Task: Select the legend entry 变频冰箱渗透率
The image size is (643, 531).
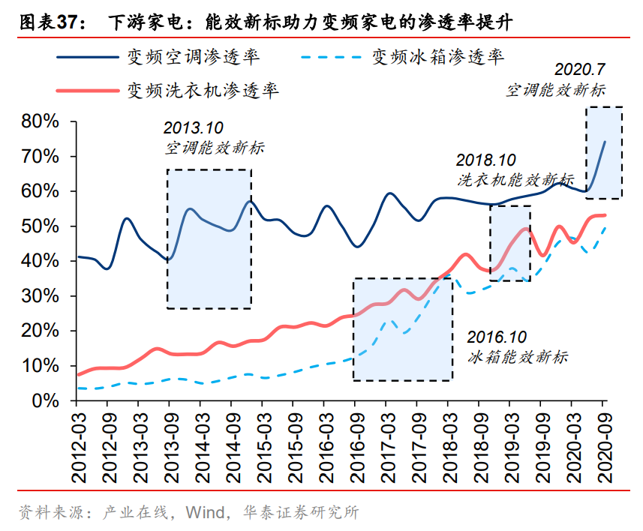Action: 438,56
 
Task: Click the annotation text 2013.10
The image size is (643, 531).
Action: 194,128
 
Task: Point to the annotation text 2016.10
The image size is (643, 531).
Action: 497,337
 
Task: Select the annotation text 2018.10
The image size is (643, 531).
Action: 487,160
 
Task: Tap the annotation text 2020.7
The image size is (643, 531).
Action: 579,70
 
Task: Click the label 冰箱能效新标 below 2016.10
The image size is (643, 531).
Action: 518,356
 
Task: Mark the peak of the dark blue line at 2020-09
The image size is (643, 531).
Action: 605,141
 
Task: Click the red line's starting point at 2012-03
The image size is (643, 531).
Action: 78,374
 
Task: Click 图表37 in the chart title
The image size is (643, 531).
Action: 46,22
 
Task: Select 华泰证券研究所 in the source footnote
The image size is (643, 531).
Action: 300,513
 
